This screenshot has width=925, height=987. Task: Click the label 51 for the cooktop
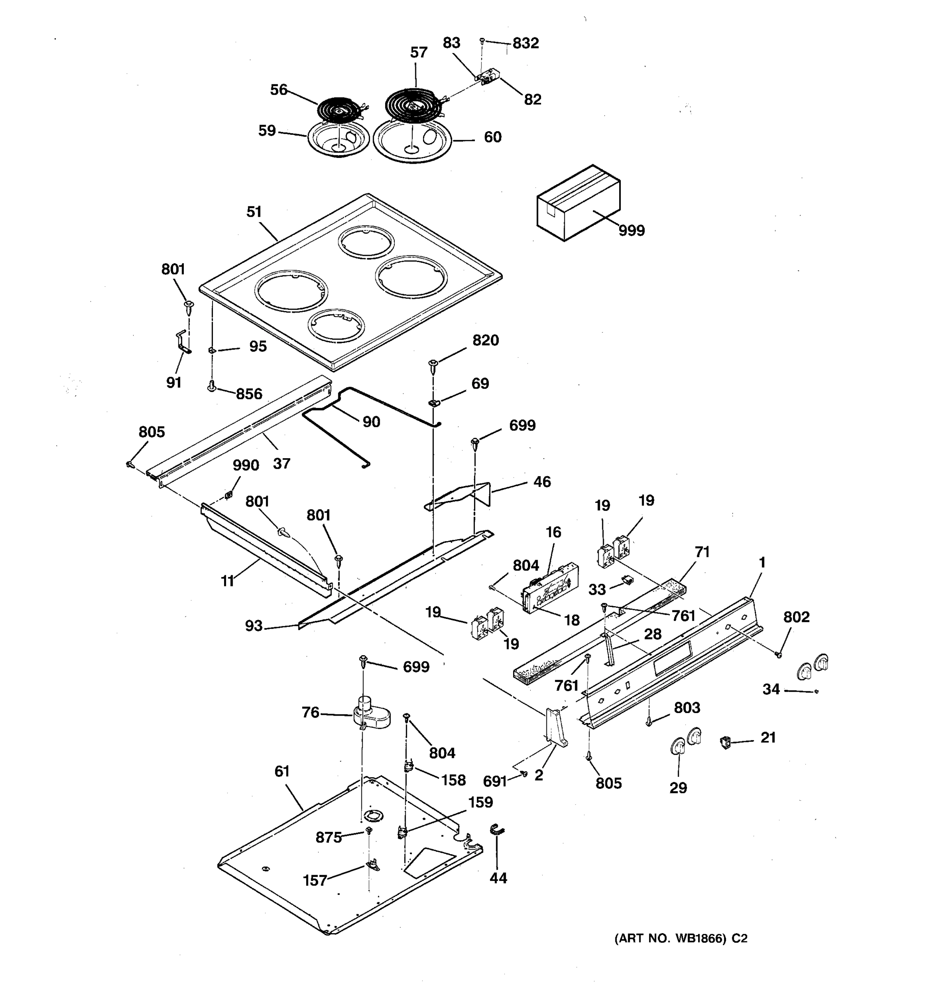pos(254,212)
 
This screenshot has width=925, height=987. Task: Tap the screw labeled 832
pos(482,41)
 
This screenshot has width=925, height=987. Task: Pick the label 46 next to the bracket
pos(542,482)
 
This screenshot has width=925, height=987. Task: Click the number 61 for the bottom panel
pos(282,771)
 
